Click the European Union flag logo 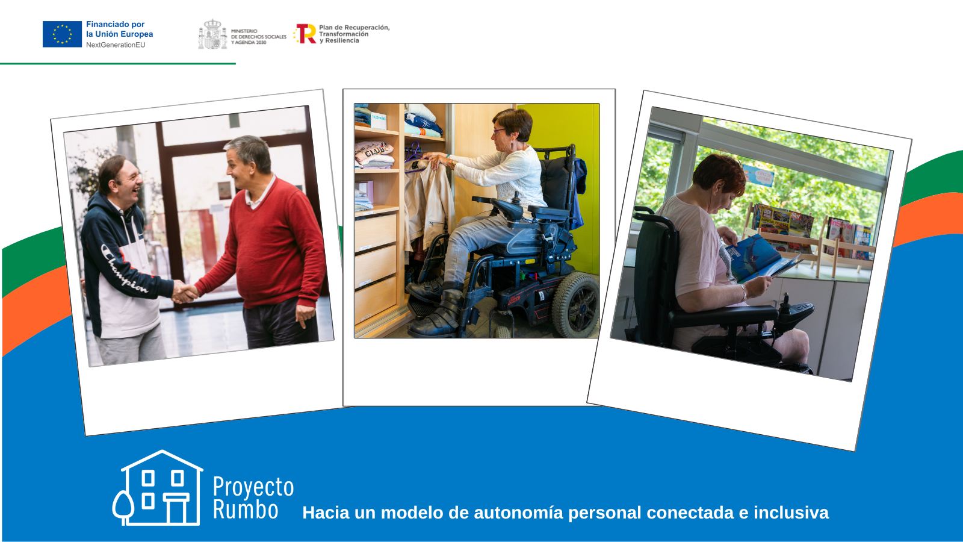coord(62,34)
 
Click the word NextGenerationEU coord(116,45)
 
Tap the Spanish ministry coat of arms coord(212,34)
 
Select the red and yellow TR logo coord(306,34)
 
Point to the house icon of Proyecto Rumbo coord(159,488)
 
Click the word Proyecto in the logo coord(253,487)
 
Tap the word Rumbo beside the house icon coord(246,510)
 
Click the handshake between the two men coord(185,292)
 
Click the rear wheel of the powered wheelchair coord(575,304)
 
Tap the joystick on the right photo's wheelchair coord(785,301)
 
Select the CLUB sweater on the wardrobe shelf coord(374,153)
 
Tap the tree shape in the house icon coord(123,506)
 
